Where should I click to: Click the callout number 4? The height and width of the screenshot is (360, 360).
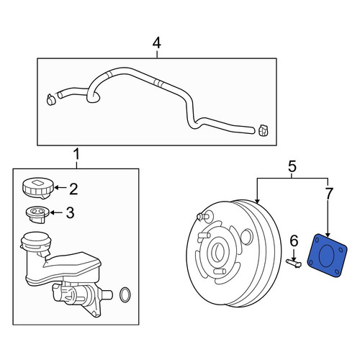coord(157,43)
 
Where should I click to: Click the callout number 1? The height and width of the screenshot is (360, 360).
coord(76,154)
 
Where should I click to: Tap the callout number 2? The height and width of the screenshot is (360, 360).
coord(73,189)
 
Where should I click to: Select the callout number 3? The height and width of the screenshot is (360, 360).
coord(70,212)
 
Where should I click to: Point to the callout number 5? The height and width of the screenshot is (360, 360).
coord(292,166)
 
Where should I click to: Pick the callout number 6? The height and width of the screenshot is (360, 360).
coord(294,240)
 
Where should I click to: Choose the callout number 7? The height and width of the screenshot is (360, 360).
coord(329,194)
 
